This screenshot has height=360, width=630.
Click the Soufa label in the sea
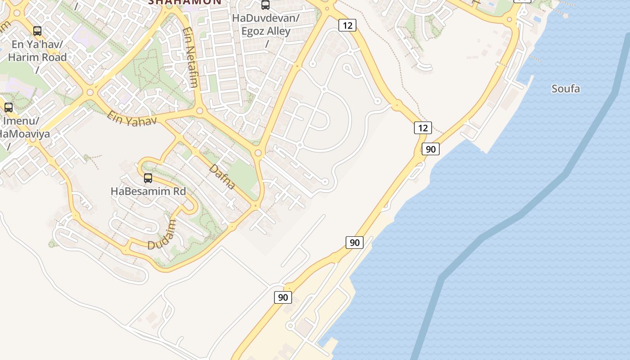(566, 89)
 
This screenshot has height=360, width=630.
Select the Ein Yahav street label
(131, 118)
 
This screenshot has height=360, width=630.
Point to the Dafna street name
(222, 176)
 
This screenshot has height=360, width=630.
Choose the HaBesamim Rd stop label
(148, 191)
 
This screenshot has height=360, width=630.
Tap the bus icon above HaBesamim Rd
(148, 178)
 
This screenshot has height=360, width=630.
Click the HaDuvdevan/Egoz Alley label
(265, 25)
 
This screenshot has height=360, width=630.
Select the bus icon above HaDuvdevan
(265, 5)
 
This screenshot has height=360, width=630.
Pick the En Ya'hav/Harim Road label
(37, 51)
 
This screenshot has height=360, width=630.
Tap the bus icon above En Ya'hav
(37, 31)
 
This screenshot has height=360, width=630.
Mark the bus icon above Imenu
(9, 108)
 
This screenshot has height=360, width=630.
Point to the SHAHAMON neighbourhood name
(185, 2)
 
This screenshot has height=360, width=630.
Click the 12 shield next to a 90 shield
(423, 128)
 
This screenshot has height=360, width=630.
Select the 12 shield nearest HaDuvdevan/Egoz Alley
(347, 25)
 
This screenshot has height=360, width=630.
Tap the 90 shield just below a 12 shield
(431, 149)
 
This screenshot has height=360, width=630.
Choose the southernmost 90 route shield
(283, 297)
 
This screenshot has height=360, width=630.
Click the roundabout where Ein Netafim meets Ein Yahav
(200, 110)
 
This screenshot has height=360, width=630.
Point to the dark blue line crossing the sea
(522, 214)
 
